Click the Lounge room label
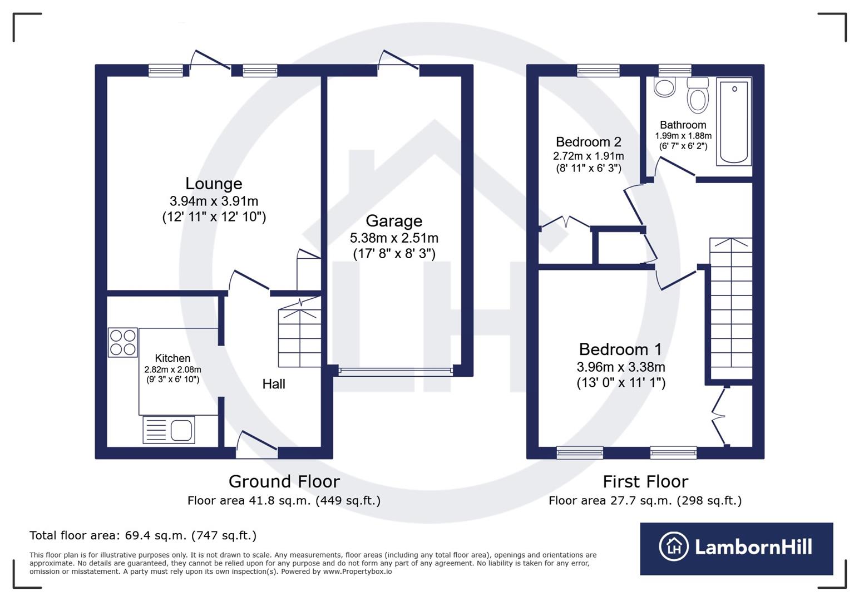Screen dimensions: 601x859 pyautogui.click(x=214, y=184)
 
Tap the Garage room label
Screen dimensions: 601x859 pyautogui.click(x=394, y=221)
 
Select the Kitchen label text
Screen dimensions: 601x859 pyautogui.click(x=172, y=358)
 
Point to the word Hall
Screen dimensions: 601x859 pyautogui.click(x=274, y=384)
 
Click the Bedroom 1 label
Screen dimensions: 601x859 pyautogui.click(x=620, y=349)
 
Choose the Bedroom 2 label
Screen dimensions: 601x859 pyautogui.click(x=588, y=142)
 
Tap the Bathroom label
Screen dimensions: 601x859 pyautogui.click(x=683, y=125)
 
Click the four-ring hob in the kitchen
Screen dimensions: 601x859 pyautogui.click(x=123, y=342)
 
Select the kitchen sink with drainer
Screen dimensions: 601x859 pyautogui.click(x=169, y=430)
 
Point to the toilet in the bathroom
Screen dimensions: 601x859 pyautogui.click(x=698, y=96)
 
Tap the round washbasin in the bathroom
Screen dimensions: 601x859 pyautogui.click(x=664, y=87)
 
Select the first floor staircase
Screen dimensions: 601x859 pyautogui.click(x=731, y=309)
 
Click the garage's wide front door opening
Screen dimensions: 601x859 pyautogui.click(x=395, y=371)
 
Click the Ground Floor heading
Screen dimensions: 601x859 pyautogui.click(x=284, y=481)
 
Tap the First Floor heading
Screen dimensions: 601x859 pyautogui.click(x=645, y=481)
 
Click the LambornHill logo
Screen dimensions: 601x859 pyautogui.click(x=736, y=548)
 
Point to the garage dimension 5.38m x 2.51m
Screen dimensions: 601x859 pyautogui.click(x=394, y=238)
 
